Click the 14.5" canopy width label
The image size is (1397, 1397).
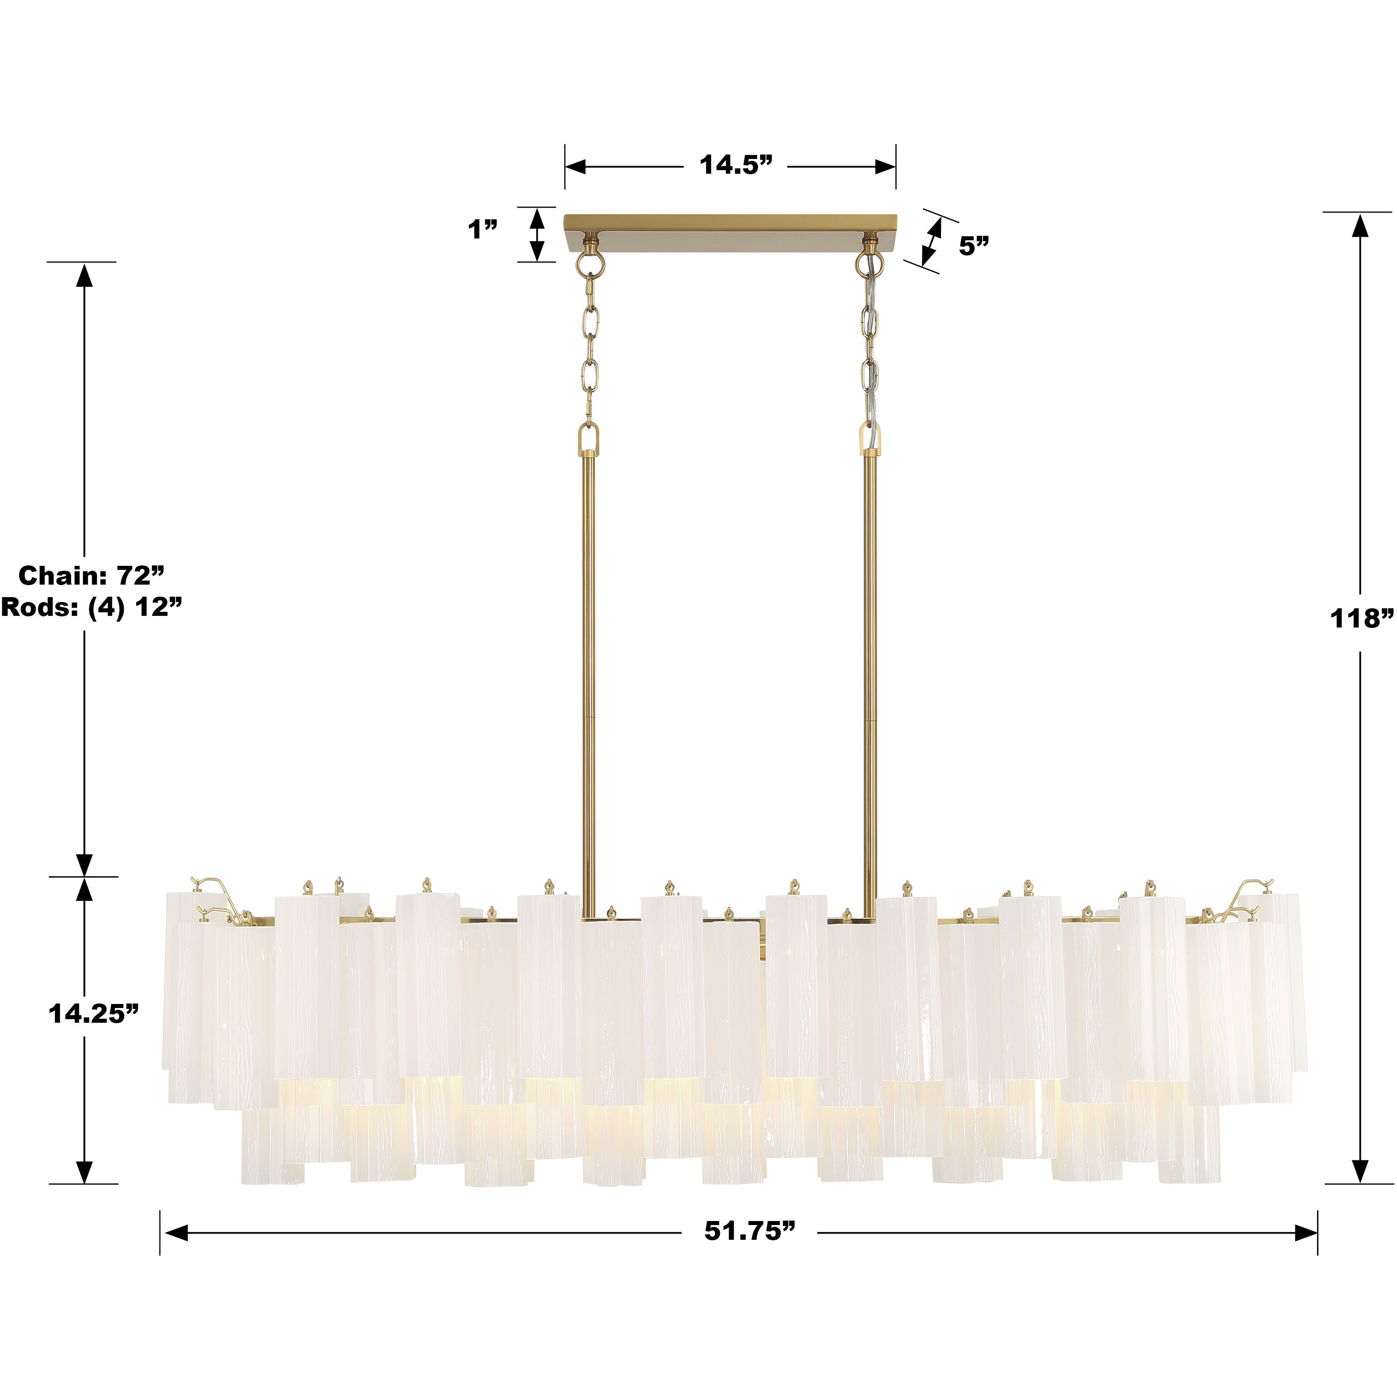736,166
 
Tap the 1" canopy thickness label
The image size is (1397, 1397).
482,230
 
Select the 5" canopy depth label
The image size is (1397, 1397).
973,247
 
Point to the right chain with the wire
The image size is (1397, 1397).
870,347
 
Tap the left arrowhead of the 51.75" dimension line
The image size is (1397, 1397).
176,1233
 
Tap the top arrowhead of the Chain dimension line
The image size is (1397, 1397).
84,276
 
